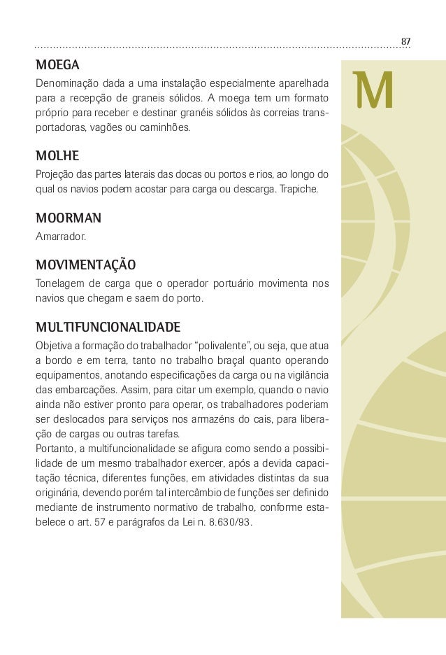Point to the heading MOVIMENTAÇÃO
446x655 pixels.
(85, 266)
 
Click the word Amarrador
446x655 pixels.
(61, 237)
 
